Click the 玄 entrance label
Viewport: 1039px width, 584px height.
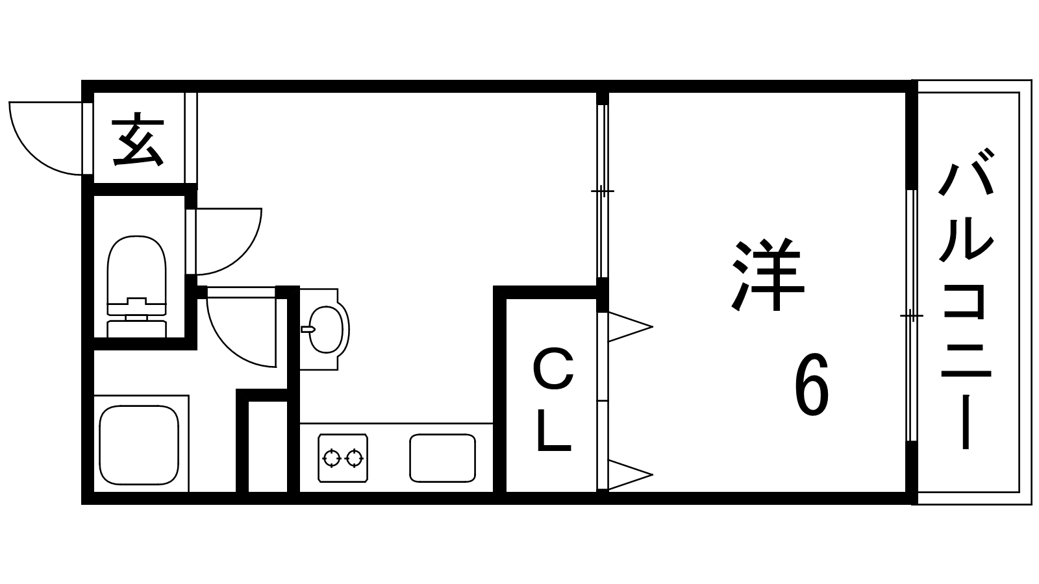coord(138,139)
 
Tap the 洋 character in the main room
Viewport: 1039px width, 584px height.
coord(768,274)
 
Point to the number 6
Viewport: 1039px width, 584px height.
coord(812,384)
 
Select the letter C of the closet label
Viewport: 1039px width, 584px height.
coord(553,370)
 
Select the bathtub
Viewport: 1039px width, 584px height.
coord(139,445)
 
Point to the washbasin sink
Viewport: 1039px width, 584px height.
coord(325,330)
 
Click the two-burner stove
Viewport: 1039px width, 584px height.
coord(343,458)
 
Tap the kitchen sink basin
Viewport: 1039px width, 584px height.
coord(442,458)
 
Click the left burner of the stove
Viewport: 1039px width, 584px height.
coord(332,458)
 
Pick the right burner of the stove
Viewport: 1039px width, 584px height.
coord(355,458)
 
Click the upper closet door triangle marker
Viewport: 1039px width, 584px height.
coord(631,327)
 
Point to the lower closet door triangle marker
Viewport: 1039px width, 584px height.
coord(631,474)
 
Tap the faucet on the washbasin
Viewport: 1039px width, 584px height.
coord(308,330)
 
